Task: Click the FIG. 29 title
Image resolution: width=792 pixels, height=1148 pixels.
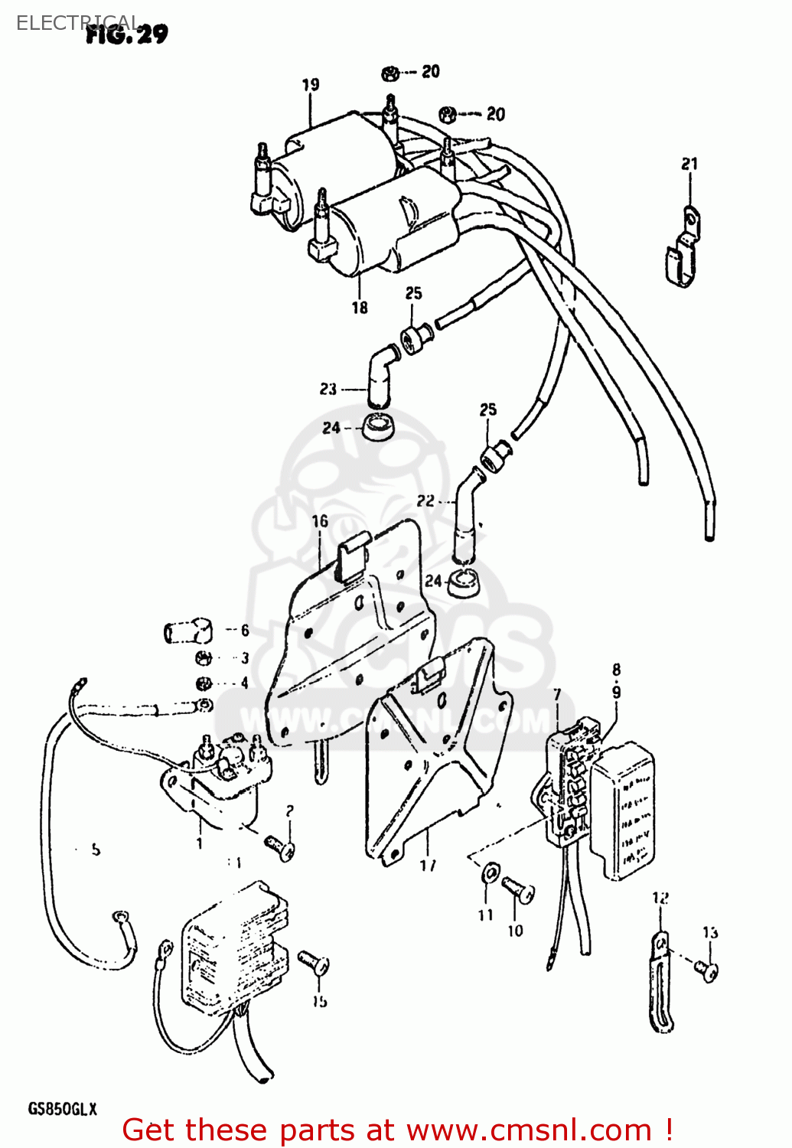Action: point(126,34)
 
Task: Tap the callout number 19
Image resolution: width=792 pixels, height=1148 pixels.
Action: point(310,85)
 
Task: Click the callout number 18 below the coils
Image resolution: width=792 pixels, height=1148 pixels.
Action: point(360,308)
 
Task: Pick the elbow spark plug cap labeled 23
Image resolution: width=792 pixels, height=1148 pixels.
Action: point(380,373)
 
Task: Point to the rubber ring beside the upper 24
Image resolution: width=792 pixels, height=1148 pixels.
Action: point(378,426)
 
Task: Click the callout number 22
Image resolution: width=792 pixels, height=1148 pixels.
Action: point(425,501)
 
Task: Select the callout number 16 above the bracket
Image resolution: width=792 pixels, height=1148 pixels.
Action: point(320,521)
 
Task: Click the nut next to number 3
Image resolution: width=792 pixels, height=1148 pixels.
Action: point(204,657)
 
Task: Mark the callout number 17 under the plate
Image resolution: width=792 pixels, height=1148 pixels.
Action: point(428,865)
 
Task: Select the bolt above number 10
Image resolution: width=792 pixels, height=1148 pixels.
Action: point(518,891)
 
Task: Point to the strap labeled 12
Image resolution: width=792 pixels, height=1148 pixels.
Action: point(660,983)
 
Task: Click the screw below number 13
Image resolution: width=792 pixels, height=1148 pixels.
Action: point(707,970)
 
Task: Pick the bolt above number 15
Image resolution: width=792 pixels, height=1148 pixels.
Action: point(314,962)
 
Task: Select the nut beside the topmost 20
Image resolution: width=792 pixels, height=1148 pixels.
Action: point(390,73)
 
